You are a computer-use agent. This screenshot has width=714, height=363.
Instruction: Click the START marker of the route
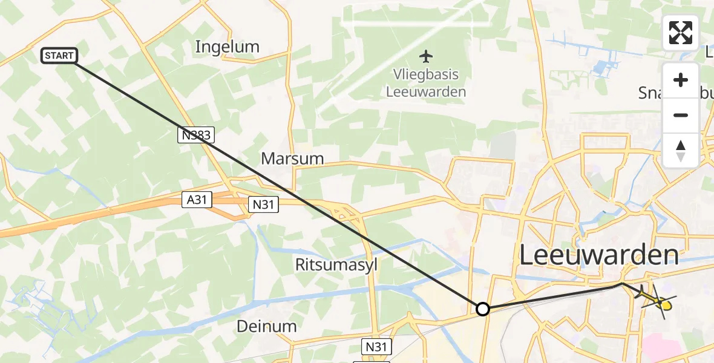(59, 56)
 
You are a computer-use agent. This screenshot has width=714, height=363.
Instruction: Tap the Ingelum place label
(228, 47)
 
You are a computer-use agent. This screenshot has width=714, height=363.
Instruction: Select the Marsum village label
(292, 159)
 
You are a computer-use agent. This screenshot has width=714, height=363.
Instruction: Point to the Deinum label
(267, 327)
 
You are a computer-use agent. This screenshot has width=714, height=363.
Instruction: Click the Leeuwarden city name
(599, 256)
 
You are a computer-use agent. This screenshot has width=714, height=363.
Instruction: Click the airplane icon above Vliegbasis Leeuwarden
(427, 57)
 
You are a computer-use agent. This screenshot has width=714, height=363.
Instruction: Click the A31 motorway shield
(197, 200)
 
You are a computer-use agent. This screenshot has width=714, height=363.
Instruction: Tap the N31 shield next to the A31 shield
(263, 204)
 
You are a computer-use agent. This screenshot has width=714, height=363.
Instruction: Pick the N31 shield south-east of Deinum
(377, 347)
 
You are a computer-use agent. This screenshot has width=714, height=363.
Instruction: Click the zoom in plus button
(681, 80)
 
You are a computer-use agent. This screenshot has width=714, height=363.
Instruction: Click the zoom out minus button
(681, 116)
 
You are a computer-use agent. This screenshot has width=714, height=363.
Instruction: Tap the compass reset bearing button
(681, 150)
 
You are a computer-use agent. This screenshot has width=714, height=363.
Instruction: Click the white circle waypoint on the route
(483, 309)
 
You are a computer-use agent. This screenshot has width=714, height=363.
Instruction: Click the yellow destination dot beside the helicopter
(666, 306)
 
